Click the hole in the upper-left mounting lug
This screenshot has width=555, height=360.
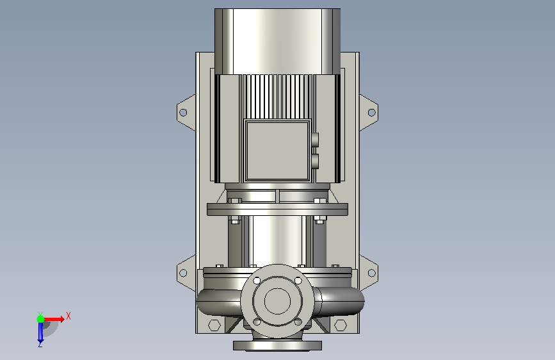click(183, 113)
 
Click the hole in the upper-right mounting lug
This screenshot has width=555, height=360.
click(372, 113)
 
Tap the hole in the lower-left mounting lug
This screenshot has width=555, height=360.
click(183, 273)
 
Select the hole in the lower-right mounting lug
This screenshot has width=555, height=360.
click(372, 273)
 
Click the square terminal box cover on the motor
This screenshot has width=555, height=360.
click(278, 151)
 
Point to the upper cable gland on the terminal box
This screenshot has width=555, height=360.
click(315, 140)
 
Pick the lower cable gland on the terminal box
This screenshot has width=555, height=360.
click(315, 161)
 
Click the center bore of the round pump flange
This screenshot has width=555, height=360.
click(278, 301)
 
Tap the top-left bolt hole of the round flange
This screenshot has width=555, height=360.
click(257, 281)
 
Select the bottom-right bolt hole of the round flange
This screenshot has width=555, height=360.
click(298, 322)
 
